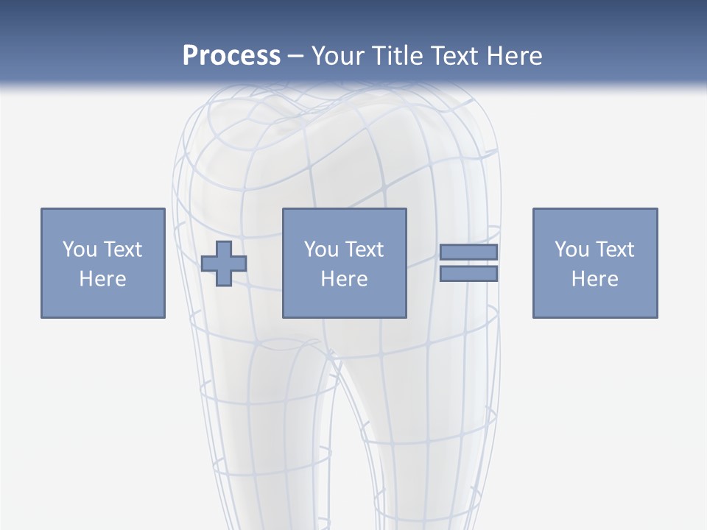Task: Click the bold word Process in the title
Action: click(x=231, y=55)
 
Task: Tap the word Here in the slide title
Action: click(x=513, y=55)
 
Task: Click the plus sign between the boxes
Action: click(x=224, y=263)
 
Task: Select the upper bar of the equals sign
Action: click(x=468, y=252)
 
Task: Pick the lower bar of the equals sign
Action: click(x=468, y=274)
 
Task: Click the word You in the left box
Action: click(x=80, y=250)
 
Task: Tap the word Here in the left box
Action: click(x=102, y=279)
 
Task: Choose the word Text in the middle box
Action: click(x=365, y=250)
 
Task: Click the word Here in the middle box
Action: click(x=344, y=279)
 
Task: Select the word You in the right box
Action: click(x=571, y=250)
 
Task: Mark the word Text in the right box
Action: click(x=616, y=250)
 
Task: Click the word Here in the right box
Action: click(x=594, y=279)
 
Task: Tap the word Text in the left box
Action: click(x=124, y=250)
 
